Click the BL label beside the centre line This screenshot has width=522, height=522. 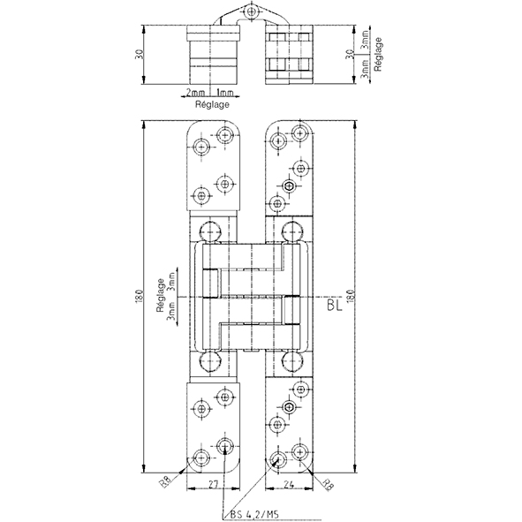click(334, 306)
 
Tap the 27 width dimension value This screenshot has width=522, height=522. click(213, 484)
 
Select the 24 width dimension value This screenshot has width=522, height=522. click(289, 484)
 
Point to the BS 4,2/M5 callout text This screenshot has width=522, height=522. click(254, 515)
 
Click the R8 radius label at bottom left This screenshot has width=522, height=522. click(166, 481)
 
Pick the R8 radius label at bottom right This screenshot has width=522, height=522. click(329, 484)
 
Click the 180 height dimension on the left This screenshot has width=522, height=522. click(140, 296)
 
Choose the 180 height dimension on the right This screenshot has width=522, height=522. click(352, 296)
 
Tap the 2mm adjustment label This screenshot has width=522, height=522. click(195, 92)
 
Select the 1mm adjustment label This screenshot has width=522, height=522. click(225, 92)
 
